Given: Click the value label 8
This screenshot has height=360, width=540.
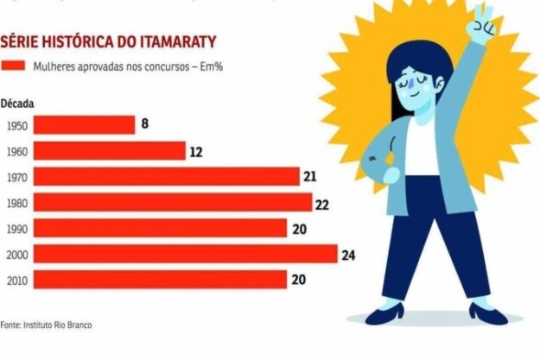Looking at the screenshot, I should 145,124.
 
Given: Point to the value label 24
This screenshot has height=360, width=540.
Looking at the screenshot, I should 348,255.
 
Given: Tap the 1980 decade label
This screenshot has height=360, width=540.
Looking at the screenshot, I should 16,203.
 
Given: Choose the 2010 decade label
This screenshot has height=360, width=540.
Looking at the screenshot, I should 16,280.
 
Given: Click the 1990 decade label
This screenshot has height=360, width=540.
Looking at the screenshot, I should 16,229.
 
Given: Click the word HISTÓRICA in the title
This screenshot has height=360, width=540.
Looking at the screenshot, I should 71,42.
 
